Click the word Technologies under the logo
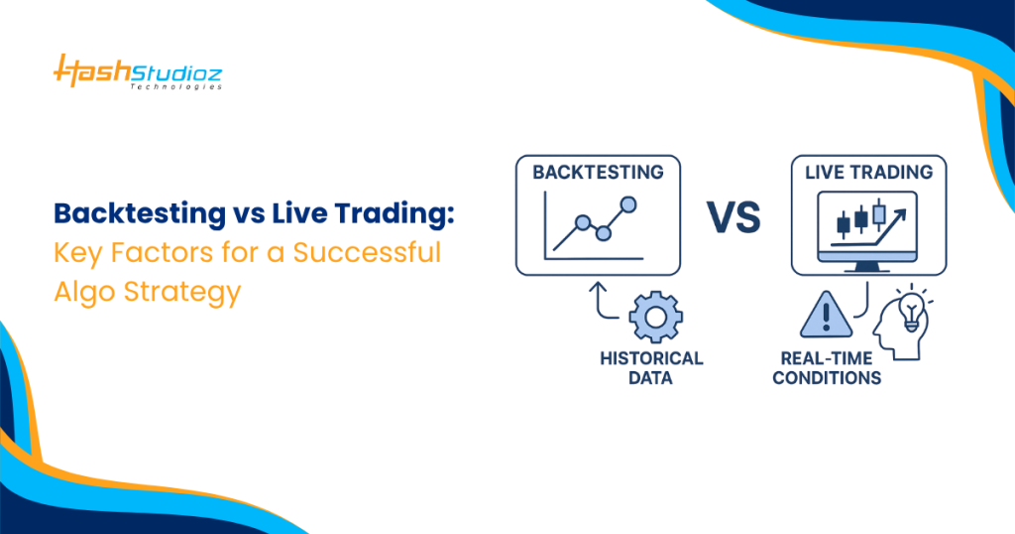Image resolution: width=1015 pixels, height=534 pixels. click(175, 86)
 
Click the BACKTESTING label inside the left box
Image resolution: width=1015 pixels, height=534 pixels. click(598, 172)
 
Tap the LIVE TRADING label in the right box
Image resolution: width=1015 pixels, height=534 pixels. click(869, 172)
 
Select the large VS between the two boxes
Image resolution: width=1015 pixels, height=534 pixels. click(734, 216)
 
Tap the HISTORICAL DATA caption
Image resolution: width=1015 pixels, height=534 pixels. click(651, 367)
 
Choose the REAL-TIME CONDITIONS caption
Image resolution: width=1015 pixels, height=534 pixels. click(827, 367)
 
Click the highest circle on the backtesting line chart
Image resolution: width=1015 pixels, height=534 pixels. click(626, 203)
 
